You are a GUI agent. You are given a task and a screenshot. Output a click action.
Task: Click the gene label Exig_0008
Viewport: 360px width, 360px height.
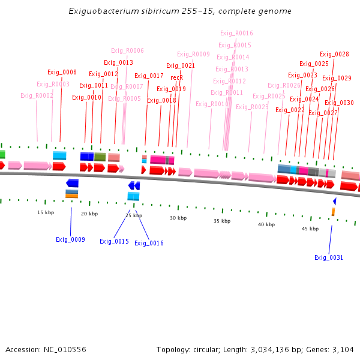coord(62,72)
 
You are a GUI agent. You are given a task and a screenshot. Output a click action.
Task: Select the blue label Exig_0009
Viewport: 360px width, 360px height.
coord(70,239)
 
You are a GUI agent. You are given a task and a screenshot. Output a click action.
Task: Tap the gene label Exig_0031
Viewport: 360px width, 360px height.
coord(329,257)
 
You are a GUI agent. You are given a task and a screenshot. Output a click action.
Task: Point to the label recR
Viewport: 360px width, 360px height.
coord(176,77)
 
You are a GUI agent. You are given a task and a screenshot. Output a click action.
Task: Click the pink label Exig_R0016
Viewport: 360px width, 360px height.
coord(236,33)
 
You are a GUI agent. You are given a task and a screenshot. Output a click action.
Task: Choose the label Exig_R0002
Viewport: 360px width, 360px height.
coord(37,95)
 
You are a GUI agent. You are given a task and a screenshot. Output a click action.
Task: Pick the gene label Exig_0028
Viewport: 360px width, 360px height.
coord(334,54)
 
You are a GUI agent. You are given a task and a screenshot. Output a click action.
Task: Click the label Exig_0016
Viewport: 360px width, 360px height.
coord(149,243)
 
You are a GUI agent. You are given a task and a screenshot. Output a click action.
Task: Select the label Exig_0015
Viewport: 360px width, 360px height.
coord(114,241)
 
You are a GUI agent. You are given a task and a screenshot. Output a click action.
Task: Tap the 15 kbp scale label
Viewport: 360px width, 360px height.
coord(46,212)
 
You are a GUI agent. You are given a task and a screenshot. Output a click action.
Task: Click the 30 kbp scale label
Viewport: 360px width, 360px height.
coord(178,218)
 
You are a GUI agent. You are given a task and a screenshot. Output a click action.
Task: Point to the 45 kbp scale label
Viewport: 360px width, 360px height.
coord(310,229)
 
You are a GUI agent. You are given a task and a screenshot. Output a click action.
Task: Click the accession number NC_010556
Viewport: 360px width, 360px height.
coord(66,349)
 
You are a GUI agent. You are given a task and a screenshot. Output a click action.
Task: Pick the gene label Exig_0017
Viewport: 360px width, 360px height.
coord(149,76)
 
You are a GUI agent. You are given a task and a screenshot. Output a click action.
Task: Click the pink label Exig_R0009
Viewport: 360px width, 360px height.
coord(193,54)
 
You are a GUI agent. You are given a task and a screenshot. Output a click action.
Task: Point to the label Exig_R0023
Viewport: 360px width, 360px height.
coord(252,107)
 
